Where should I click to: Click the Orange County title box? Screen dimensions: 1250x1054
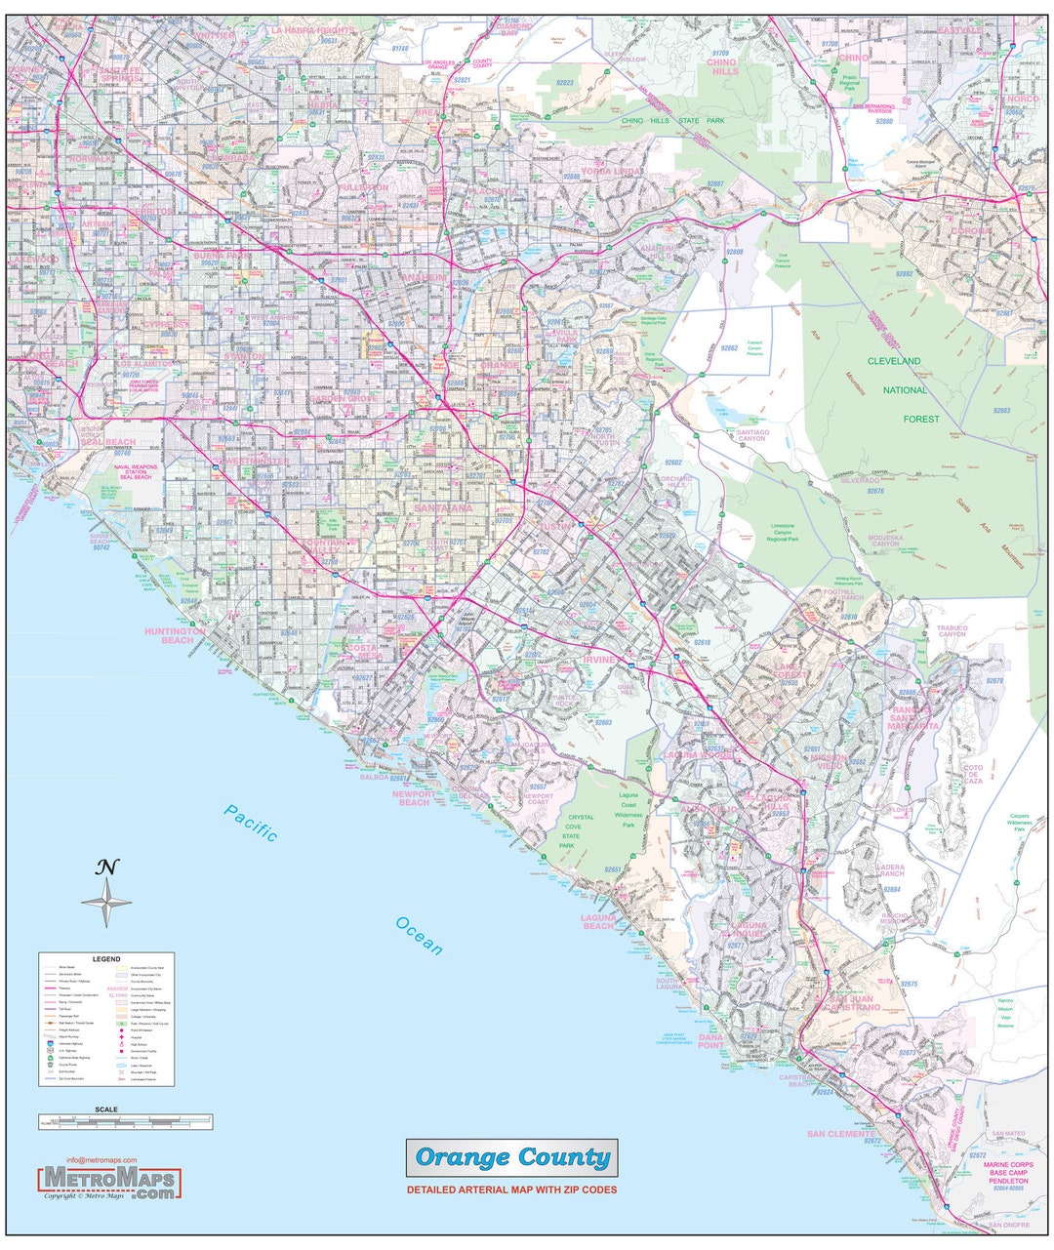click(x=511, y=1158)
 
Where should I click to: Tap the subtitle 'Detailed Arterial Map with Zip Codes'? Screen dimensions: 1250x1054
click(x=511, y=1190)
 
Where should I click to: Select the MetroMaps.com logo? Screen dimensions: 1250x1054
click(x=109, y=1183)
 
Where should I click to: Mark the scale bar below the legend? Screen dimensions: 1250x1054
click(x=125, y=1122)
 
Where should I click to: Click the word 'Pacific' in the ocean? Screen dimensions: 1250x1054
click(x=250, y=822)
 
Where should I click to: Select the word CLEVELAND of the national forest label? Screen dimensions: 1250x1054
click(x=895, y=361)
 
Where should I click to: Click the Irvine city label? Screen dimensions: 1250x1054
click(x=599, y=660)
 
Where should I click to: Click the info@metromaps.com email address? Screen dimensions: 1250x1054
click(x=101, y=1160)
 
